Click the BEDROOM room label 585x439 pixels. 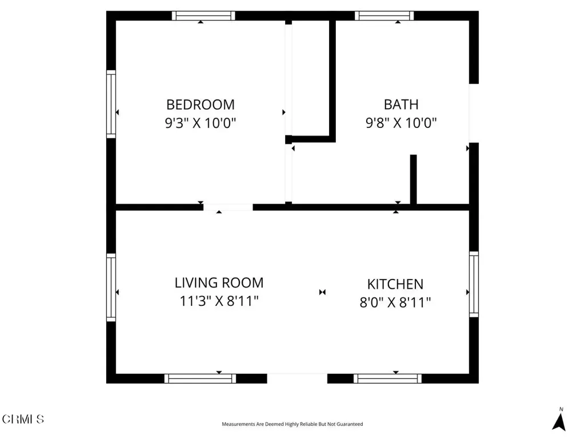tap(201, 105)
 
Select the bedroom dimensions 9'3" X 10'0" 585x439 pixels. tap(201, 122)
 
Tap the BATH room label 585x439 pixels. tap(401, 105)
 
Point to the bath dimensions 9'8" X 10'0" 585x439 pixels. tap(401, 122)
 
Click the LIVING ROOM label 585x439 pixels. tap(219, 282)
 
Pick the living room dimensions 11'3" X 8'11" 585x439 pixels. tap(219, 301)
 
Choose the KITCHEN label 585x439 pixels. tap(395, 284)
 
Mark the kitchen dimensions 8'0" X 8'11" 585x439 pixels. tap(395, 302)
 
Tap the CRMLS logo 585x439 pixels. tap(23, 419)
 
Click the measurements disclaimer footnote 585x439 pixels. tap(292, 424)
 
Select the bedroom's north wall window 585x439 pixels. tap(203, 15)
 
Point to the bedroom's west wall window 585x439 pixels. tap(111, 104)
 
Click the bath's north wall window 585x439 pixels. tap(384, 15)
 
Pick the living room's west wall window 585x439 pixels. tap(111, 288)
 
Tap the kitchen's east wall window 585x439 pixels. tap(474, 284)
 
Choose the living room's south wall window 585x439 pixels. tap(201, 378)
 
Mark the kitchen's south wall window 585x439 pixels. tap(388, 378)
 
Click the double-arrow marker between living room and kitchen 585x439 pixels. tap(322, 292)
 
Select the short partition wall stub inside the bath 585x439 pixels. tap(414, 179)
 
